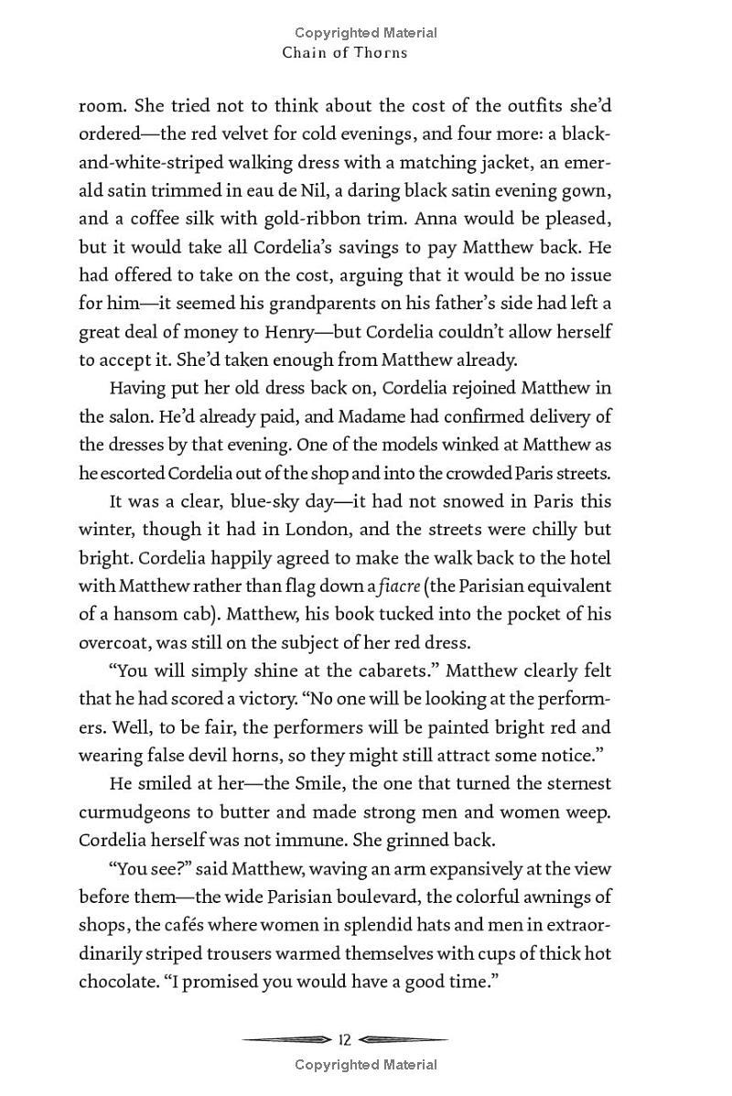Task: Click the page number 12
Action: pyautogui.click(x=345, y=1039)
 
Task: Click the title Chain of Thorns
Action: pyautogui.click(x=345, y=52)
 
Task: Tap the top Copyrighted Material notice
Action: pyautogui.click(x=366, y=33)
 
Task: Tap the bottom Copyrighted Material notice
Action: pyautogui.click(x=366, y=1064)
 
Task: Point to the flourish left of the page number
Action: pyautogui.click(x=286, y=1039)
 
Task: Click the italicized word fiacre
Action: pyautogui.click(x=398, y=586)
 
